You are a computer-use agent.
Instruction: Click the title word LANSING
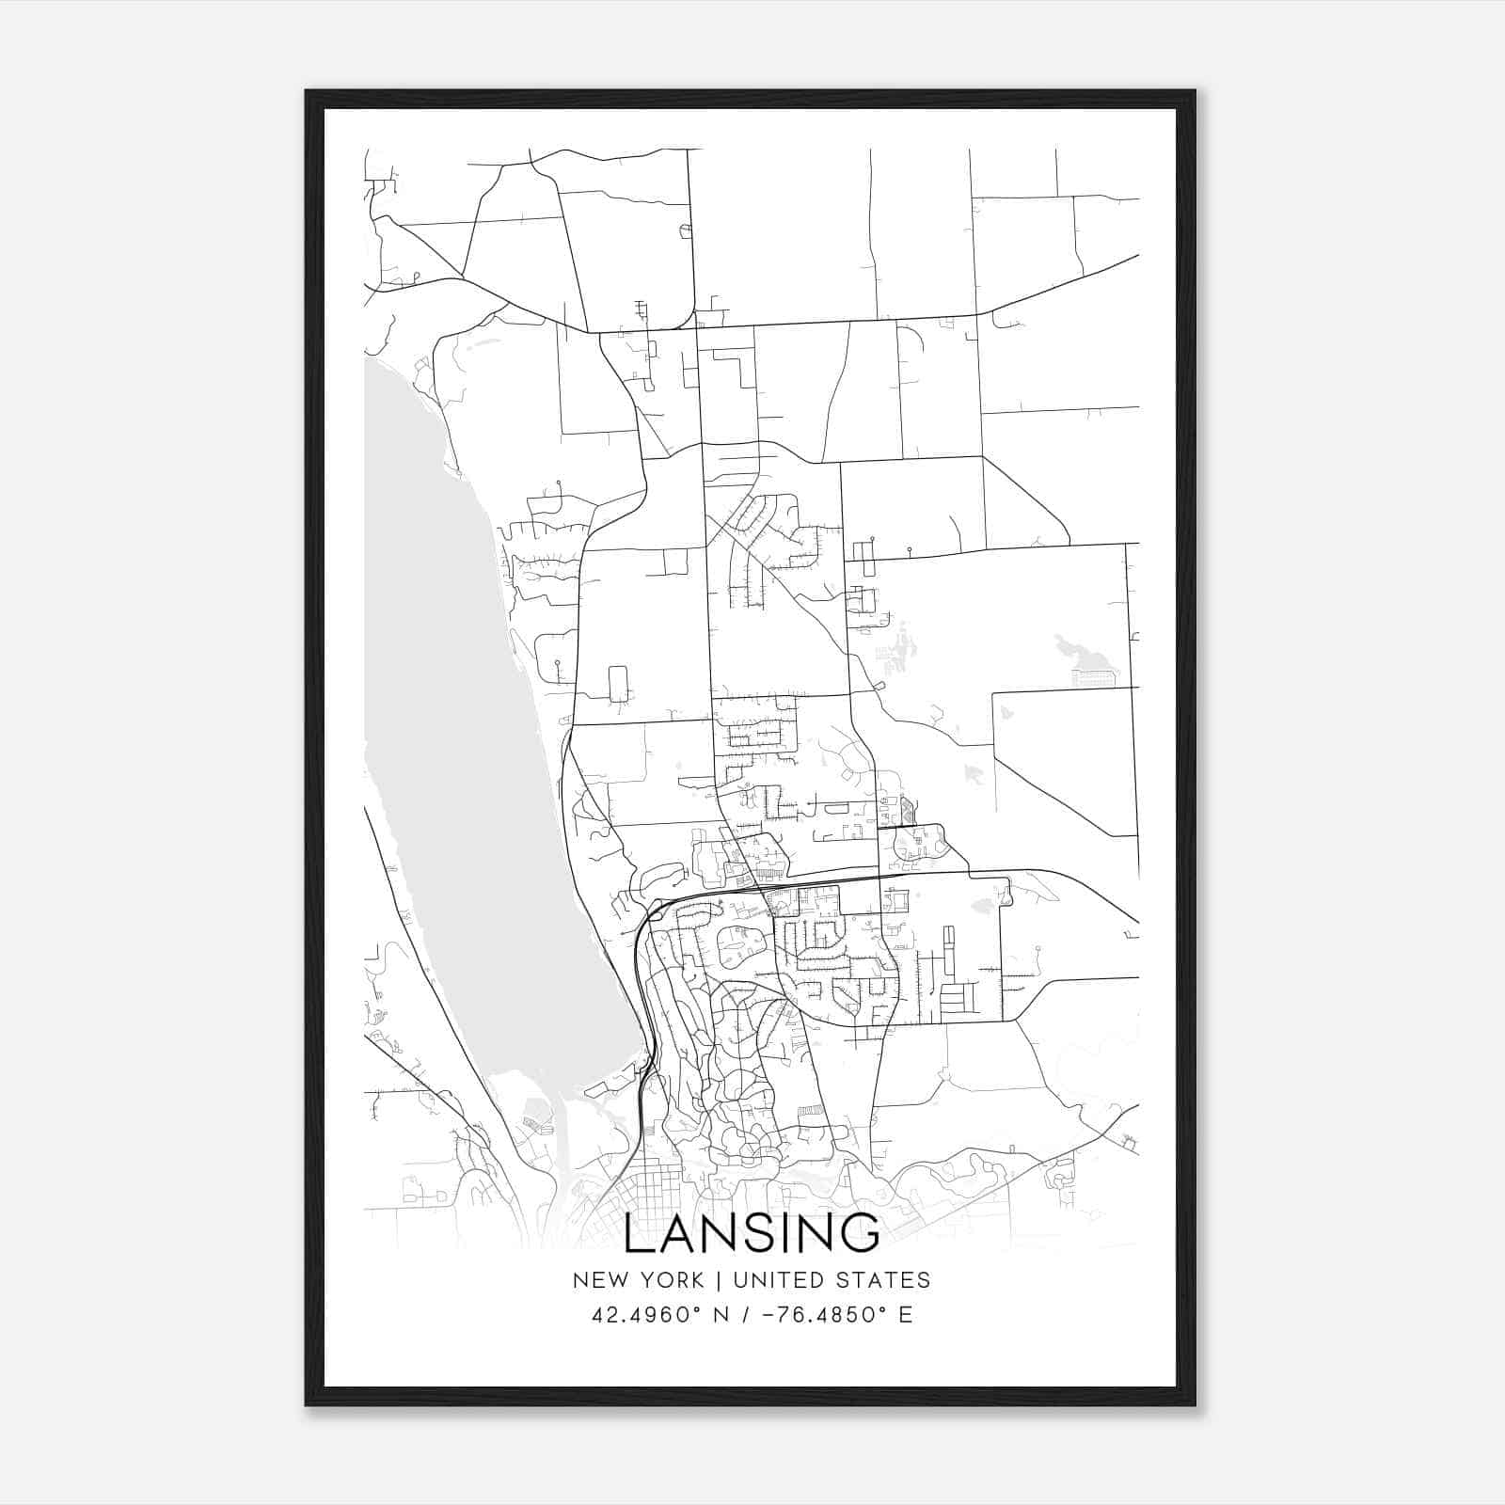point(752,1233)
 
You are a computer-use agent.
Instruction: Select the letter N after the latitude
point(722,1315)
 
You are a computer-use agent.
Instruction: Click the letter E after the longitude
point(906,1315)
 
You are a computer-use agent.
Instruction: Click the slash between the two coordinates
point(745,1315)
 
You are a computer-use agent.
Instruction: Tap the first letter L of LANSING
point(639,1233)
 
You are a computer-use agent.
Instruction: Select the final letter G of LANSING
point(862,1233)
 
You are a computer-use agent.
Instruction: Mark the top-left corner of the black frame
point(307,91)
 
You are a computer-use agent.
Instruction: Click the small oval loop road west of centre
point(618,684)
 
